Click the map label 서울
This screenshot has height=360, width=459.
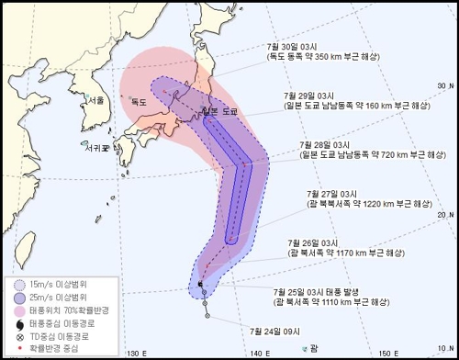[97, 100]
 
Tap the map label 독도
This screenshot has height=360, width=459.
[140, 101]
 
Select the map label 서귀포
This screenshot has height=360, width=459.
[93, 145]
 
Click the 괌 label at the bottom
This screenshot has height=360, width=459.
[314, 346]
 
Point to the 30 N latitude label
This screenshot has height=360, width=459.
[443, 85]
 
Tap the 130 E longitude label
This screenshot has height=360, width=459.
[138, 353]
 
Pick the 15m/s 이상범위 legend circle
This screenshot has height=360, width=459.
[20, 284]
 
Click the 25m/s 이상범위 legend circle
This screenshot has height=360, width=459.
[20, 298]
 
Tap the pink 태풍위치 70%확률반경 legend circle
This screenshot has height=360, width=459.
[20, 310]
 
